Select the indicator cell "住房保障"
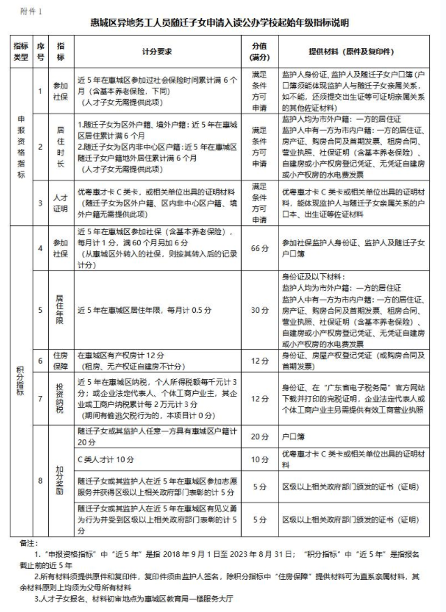point(62,360)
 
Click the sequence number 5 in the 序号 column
point(41,309)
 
